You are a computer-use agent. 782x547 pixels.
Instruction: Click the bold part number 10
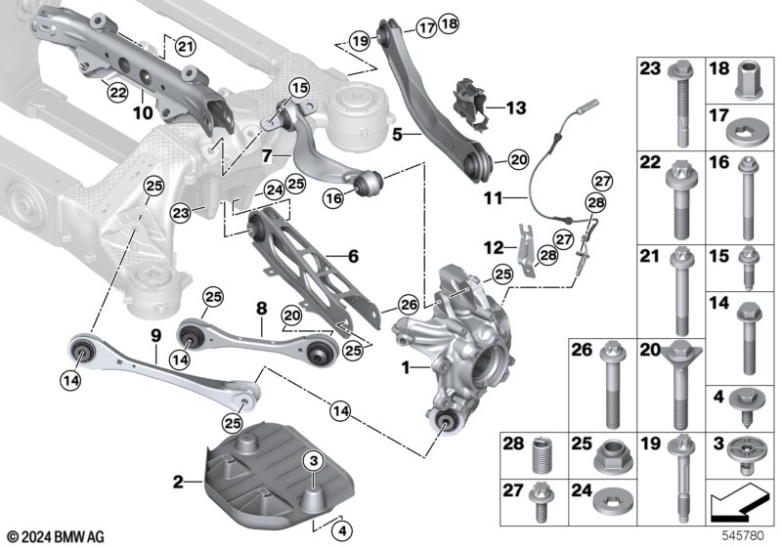pos(143,112)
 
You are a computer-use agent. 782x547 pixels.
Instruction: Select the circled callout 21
pos(185,47)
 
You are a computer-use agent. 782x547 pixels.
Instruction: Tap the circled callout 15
pos(300,89)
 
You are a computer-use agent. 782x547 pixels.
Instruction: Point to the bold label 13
pos(516,107)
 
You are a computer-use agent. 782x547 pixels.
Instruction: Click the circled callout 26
pos(409,305)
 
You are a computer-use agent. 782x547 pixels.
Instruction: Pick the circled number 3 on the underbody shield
pos(313,461)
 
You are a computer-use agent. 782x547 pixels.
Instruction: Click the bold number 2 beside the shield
pos(178,482)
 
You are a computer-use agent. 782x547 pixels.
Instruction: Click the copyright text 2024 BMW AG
pos(57,537)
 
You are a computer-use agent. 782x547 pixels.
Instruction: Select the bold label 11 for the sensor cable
pos(494,198)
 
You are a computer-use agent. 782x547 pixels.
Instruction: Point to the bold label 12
pos(495,247)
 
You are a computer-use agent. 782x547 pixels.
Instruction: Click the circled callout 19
pos(360,40)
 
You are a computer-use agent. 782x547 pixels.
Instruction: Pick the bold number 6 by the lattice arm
pos(353,256)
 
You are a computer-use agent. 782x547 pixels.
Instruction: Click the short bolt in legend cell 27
pos(541,502)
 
